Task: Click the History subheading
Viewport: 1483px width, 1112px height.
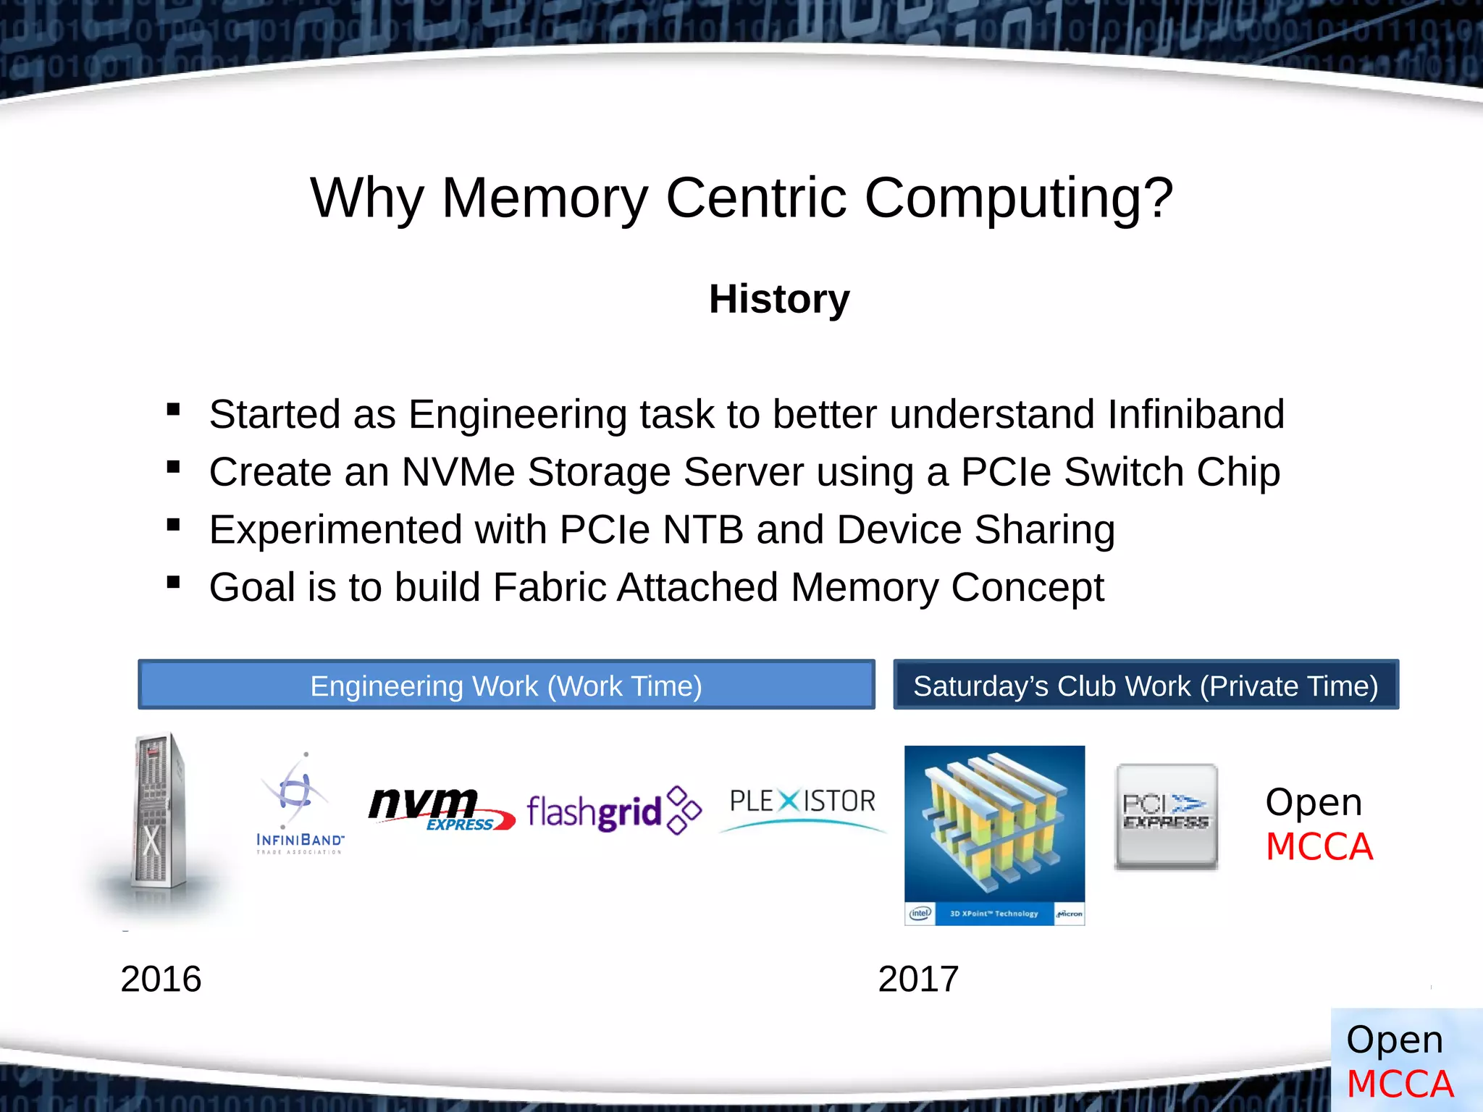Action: pyautogui.click(x=779, y=299)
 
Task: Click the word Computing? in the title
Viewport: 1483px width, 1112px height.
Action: pyautogui.click(x=1018, y=198)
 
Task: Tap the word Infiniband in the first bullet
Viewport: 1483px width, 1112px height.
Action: pyautogui.click(x=1196, y=414)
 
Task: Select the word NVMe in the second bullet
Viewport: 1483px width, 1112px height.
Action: pyautogui.click(x=458, y=472)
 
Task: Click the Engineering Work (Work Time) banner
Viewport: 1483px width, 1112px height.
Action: pyautogui.click(x=506, y=685)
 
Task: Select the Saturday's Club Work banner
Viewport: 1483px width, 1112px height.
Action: pyautogui.click(x=1146, y=685)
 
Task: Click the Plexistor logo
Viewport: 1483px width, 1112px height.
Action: pyautogui.click(x=802, y=807)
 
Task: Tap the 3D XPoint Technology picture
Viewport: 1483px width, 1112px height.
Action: pyautogui.click(x=994, y=835)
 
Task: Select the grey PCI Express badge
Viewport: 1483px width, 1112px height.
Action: pyautogui.click(x=1166, y=816)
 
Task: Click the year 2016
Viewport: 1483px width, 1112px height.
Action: pyautogui.click(x=161, y=979)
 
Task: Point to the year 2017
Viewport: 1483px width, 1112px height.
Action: pyautogui.click(x=918, y=979)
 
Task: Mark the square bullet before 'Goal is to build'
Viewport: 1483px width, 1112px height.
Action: pyautogui.click(x=173, y=582)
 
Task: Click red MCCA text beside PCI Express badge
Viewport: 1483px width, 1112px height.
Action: pyautogui.click(x=1319, y=846)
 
